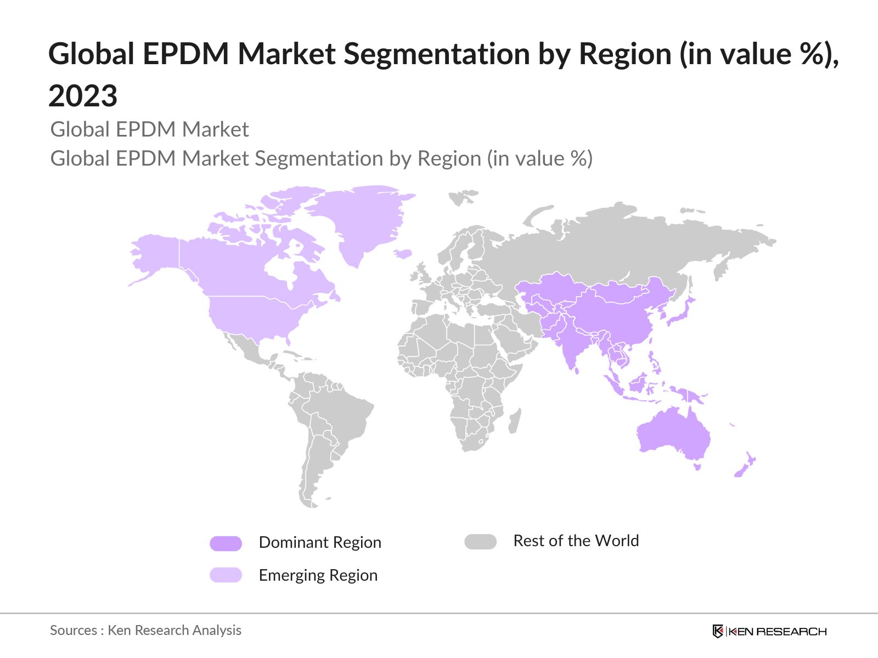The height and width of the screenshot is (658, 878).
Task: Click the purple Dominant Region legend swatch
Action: click(226, 543)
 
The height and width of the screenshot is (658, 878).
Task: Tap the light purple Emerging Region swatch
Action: click(226, 575)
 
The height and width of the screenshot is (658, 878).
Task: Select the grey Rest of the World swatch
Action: click(480, 542)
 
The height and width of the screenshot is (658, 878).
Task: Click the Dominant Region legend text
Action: click(320, 542)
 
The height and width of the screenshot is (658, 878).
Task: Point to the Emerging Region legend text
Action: click(318, 575)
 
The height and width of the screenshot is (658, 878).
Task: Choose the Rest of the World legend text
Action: click(576, 541)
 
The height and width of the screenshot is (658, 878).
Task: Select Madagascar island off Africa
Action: click(514, 421)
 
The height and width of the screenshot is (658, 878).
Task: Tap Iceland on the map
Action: click(403, 254)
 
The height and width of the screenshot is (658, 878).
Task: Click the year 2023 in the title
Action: click(83, 96)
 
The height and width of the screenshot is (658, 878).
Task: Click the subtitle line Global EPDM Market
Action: click(149, 129)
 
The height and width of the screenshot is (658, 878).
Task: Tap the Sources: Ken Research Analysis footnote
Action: click(145, 630)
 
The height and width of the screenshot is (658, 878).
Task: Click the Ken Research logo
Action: click(769, 631)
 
